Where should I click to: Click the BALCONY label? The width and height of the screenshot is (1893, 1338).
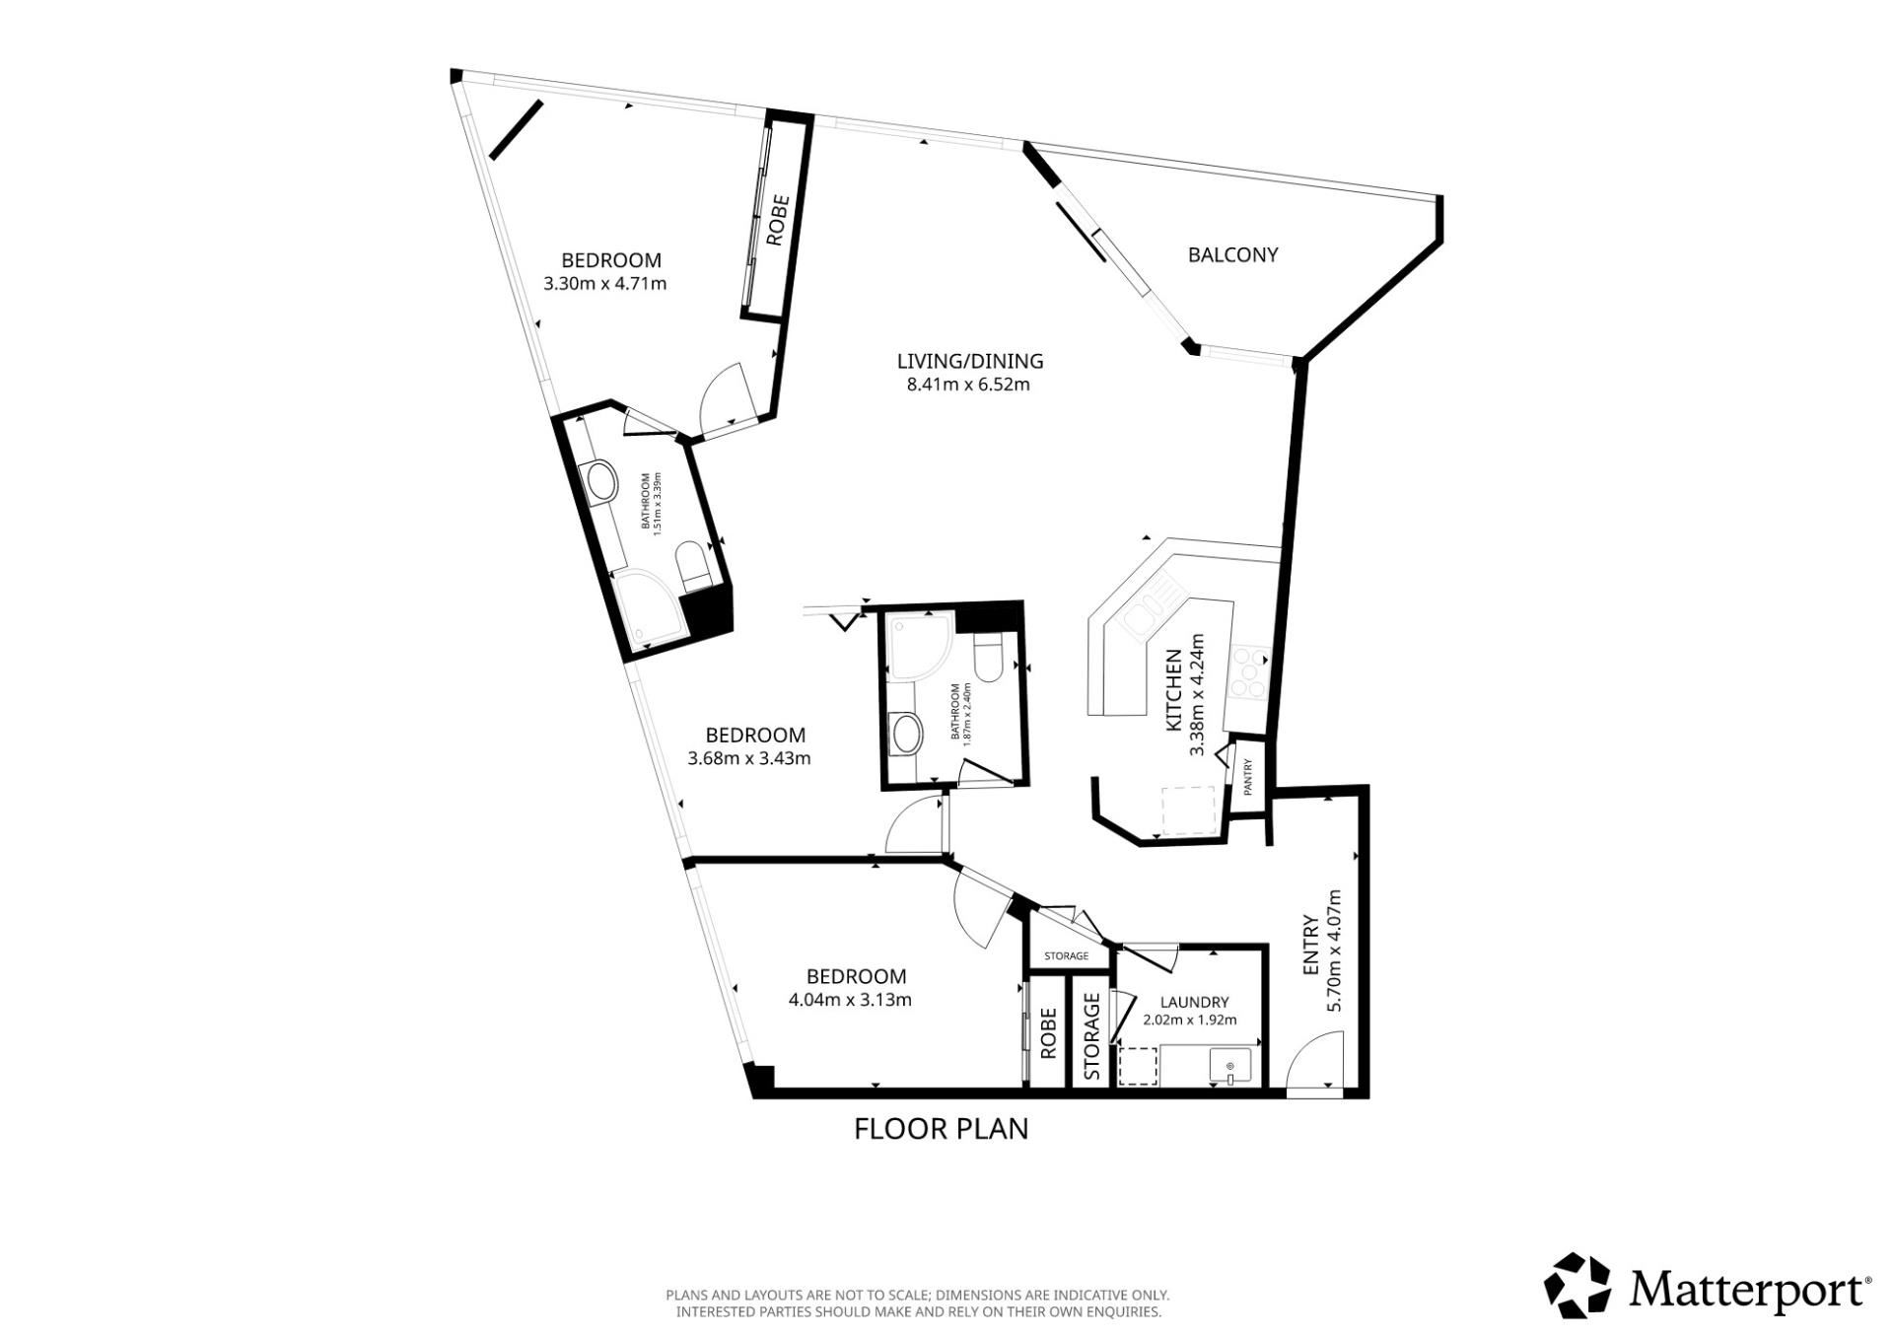1232,254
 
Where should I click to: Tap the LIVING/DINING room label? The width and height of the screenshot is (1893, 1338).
970,361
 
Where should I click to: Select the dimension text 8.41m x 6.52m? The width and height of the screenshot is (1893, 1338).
968,385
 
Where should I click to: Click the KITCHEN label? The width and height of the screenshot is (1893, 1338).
1174,690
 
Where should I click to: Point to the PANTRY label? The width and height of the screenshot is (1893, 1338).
1248,777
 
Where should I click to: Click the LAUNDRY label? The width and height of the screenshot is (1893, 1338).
1194,1002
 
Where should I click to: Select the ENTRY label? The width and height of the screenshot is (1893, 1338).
1311,946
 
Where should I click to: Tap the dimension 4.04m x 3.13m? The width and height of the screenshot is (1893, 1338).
850,1000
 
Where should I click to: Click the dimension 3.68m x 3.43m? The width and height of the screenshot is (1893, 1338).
749,758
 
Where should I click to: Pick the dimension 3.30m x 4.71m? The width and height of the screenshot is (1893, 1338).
604,284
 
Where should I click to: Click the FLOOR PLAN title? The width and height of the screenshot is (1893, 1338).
941,1128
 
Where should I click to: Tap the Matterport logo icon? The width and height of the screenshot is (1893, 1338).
1577,1286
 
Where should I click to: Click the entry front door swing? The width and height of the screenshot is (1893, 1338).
1316,1059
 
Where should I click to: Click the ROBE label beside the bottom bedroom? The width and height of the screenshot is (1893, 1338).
1048,1032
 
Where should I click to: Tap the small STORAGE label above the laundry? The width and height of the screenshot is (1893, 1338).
1067,955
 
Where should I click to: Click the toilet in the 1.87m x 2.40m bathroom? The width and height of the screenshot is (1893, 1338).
987,655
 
